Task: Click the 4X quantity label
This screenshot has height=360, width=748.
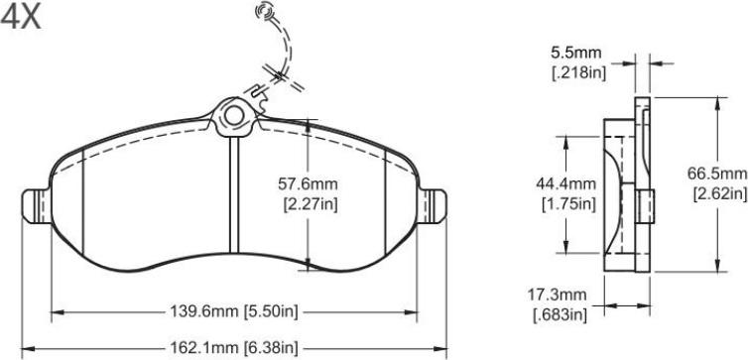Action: pos(21,18)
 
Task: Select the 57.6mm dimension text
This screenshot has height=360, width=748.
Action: pos(308,183)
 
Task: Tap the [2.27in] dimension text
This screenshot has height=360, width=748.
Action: pos(311,205)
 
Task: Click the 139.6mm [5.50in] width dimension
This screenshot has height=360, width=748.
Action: pos(234,311)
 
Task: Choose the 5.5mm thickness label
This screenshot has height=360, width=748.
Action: pos(575,53)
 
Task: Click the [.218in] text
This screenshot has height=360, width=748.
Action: pos(579,73)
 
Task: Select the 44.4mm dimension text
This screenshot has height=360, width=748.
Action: pos(565,183)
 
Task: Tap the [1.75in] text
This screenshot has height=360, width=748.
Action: pos(568,204)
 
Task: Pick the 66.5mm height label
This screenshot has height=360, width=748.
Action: pos(716,174)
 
